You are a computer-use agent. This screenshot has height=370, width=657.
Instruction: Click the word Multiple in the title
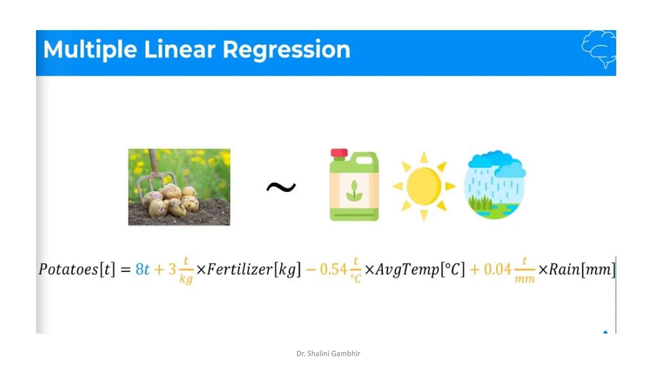click(90, 50)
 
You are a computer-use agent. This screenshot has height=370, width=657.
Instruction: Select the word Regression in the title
click(286, 50)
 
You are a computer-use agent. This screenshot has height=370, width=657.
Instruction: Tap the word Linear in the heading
click(180, 50)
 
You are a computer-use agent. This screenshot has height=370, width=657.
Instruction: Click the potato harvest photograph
click(179, 187)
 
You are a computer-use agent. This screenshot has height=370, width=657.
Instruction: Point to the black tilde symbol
click(281, 187)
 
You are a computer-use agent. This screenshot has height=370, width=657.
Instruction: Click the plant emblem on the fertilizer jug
click(354, 191)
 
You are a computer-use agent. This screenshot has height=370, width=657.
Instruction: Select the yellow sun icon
click(423, 186)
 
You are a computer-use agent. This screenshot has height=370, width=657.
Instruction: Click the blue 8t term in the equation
click(142, 269)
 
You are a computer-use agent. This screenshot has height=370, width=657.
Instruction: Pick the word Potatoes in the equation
click(68, 269)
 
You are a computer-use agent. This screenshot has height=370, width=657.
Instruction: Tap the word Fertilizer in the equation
click(240, 269)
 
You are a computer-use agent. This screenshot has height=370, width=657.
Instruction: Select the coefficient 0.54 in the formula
click(334, 269)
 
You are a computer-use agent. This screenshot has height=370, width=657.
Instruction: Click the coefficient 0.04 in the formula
click(497, 269)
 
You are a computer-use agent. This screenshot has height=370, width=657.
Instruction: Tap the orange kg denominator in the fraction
click(186, 278)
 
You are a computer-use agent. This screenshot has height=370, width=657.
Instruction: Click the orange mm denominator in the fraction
click(525, 279)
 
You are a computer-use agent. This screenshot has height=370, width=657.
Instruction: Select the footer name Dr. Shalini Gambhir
click(328, 354)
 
